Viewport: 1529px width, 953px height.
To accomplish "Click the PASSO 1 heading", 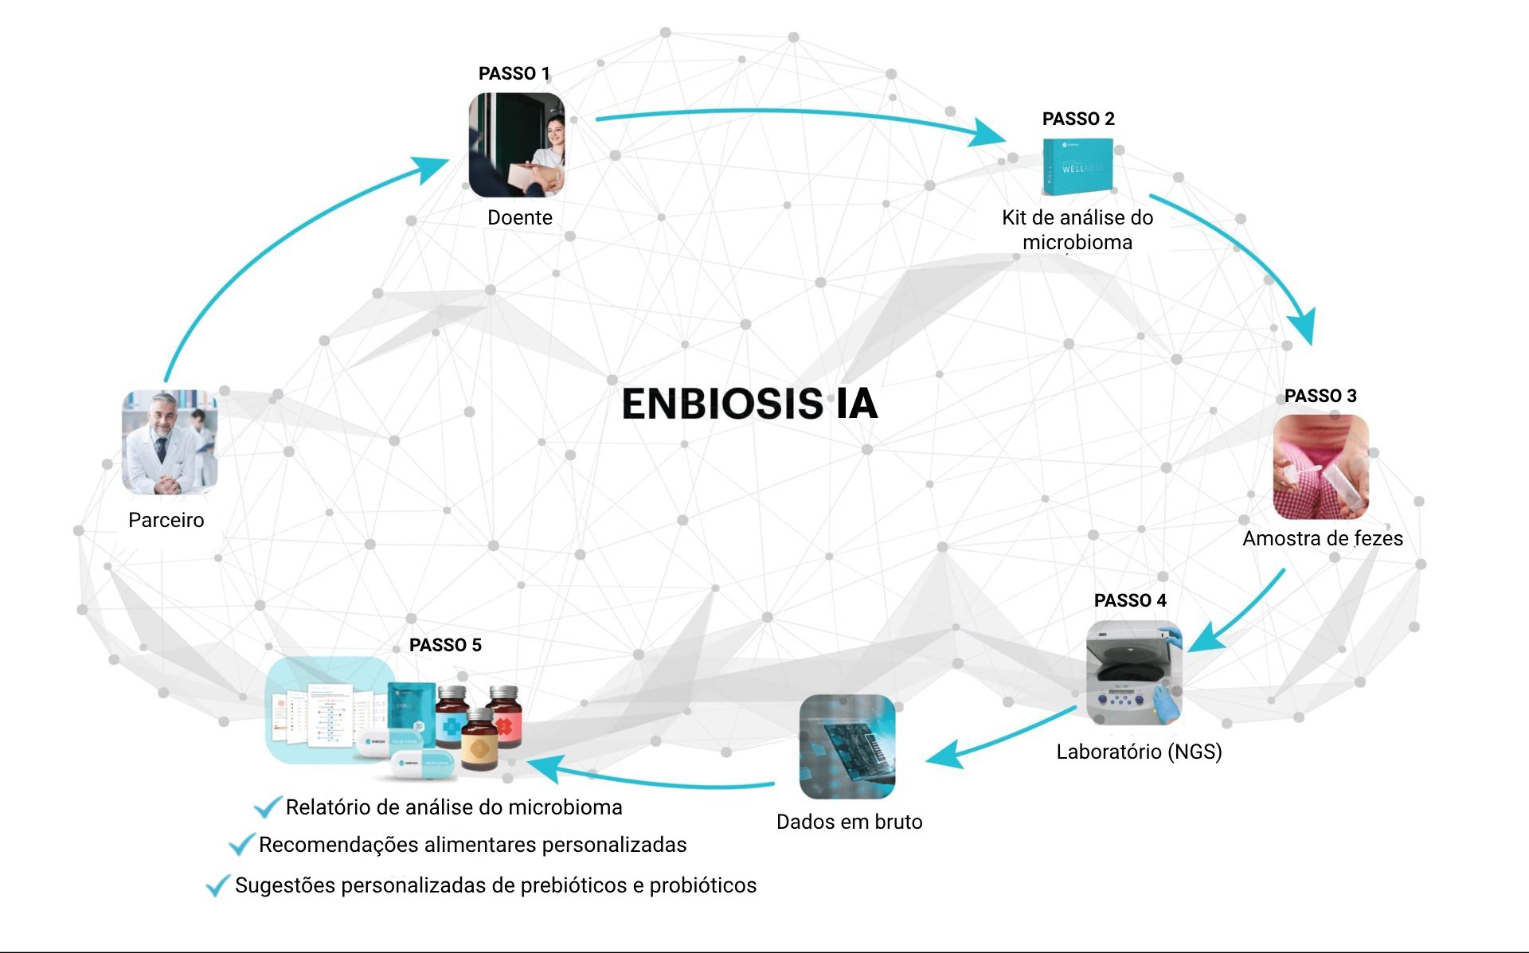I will pyautogui.click(x=514, y=73).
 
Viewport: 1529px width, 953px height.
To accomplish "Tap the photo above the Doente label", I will pyautogui.click(x=516, y=145).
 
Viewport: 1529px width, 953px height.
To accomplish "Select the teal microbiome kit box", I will pyautogui.click(x=1077, y=166).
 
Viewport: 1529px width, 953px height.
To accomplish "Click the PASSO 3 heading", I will pyautogui.click(x=1320, y=396).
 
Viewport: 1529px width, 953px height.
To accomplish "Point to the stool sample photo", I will pyautogui.click(x=1320, y=467).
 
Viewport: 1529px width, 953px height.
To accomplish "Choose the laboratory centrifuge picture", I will pyautogui.click(x=1134, y=672).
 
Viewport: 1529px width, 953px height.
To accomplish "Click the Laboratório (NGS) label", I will pyautogui.click(x=1139, y=752).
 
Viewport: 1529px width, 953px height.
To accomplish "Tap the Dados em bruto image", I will pyautogui.click(x=847, y=747).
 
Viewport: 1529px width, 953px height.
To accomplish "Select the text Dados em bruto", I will pyautogui.click(x=849, y=822).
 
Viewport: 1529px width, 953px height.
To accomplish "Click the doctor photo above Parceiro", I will pyautogui.click(x=170, y=441).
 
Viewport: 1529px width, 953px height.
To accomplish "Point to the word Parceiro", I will pyautogui.click(x=166, y=520).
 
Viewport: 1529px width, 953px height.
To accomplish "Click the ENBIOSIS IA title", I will pyautogui.click(x=749, y=404).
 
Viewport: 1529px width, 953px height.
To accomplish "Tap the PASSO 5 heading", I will pyautogui.click(x=445, y=645).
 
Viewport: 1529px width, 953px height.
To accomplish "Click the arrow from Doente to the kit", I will pyautogui.click(x=796, y=115).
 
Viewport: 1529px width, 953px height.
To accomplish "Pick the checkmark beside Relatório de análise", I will pyautogui.click(x=267, y=807).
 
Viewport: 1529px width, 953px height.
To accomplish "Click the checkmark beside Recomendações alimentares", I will pyautogui.click(x=240, y=844).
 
